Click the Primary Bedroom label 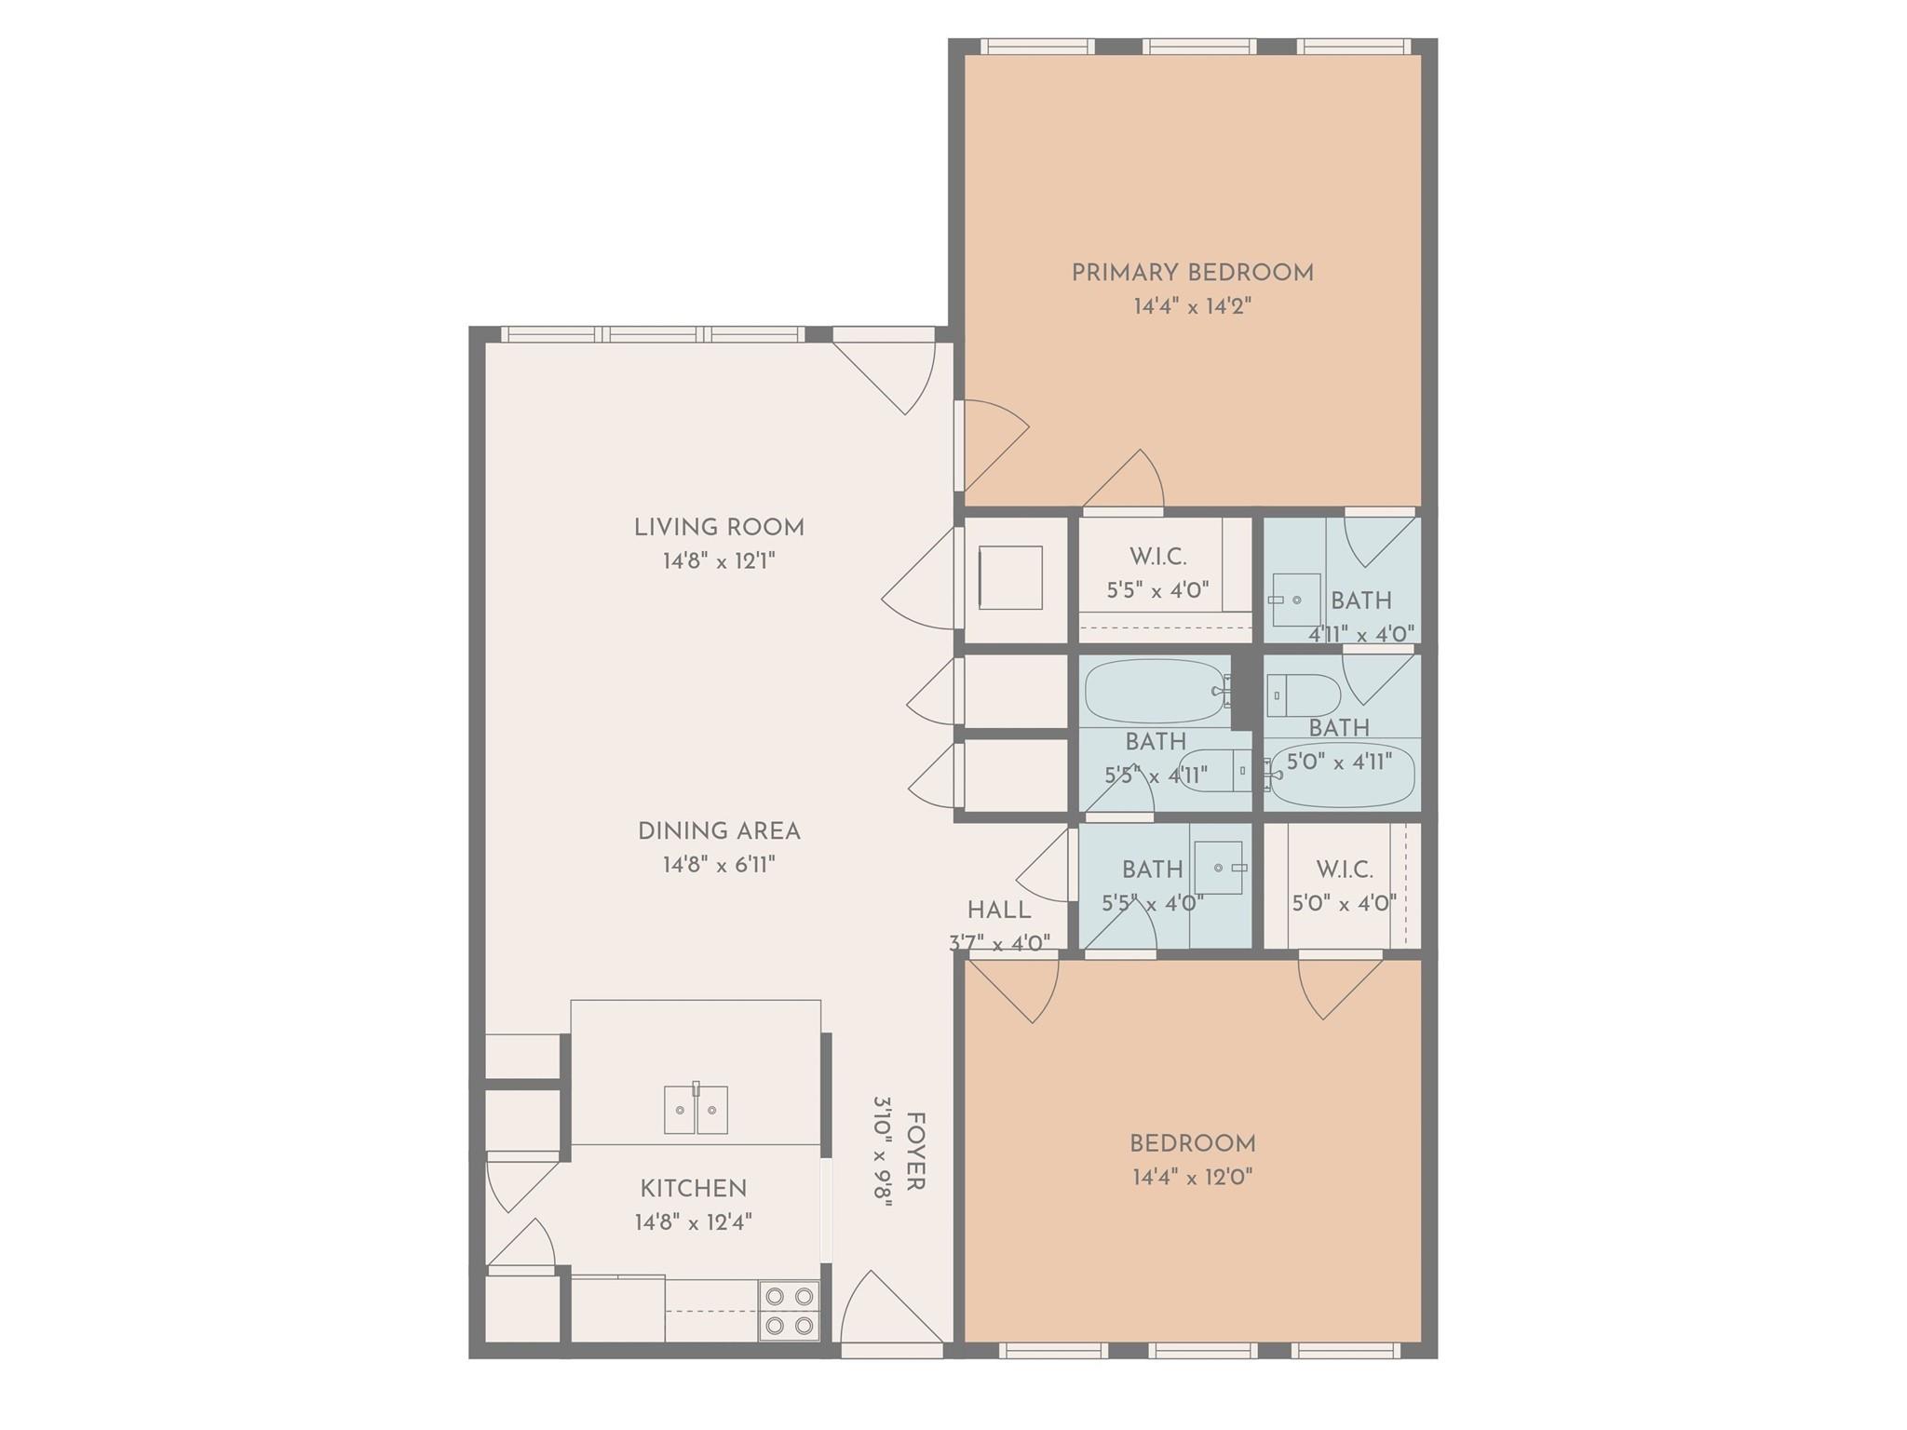[x=1192, y=273]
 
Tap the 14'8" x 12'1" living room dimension [x=719, y=561]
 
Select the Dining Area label [x=719, y=830]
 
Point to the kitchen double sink [x=696, y=1108]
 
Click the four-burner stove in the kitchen [x=790, y=1311]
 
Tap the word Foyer [x=915, y=1152]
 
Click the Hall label [x=999, y=911]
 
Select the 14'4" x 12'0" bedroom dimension [x=1193, y=1177]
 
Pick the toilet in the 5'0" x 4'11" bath [x=1305, y=695]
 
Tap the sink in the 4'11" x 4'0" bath [x=1295, y=600]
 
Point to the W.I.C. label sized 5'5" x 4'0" [x=1158, y=557]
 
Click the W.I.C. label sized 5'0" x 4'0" [x=1345, y=870]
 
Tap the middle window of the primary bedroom [x=1199, y=47]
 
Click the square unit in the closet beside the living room [x=1010, y=577]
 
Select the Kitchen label [x=694, y=1189]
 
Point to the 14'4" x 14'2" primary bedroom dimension [x=1193, y=306]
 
